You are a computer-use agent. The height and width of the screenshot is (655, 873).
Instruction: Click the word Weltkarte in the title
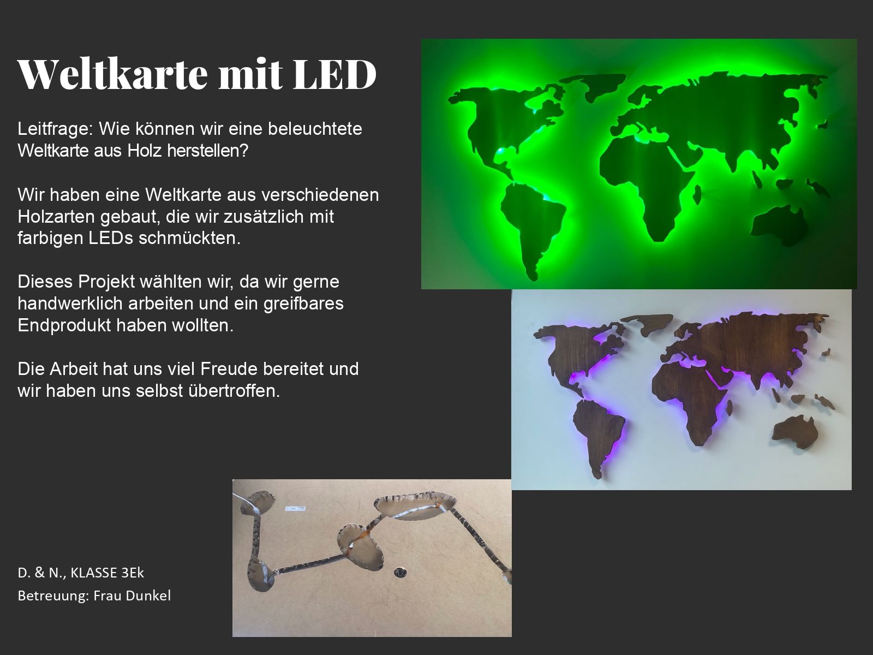tap(113, 74)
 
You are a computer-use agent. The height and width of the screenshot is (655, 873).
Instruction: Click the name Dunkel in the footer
tap(152, 596)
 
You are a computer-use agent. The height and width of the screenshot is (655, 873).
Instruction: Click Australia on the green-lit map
tap(780, 226)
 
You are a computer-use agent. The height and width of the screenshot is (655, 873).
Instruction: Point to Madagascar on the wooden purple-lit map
tap(730, 408)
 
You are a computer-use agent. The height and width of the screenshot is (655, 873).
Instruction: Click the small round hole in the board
tap(400, 573)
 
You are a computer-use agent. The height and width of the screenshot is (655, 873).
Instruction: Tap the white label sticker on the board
tap(296, 509)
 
